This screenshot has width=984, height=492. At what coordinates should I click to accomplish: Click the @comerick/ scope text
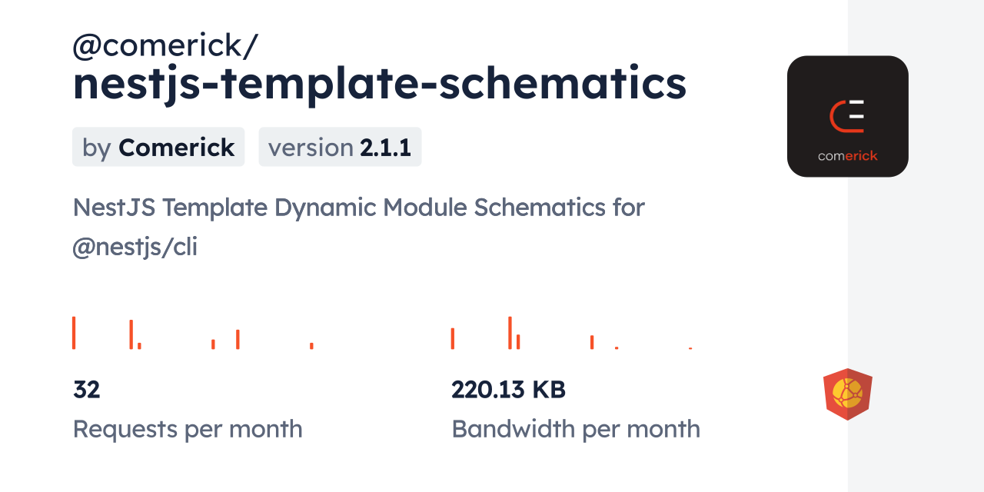pyautogui.click(x=165, y=45)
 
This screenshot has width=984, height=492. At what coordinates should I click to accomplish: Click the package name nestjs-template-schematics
pyautogui.click(x=380, y=84)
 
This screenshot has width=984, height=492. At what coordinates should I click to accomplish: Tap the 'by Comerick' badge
pyautogui.click(x=158, y=147)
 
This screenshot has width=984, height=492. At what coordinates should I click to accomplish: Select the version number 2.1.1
pyautogui.click(x=386, y=147)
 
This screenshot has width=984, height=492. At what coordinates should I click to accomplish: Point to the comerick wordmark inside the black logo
pyautogui.click(x=847, y=156)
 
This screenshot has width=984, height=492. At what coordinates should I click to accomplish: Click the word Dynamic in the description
pyautogui.click(x=325, y=208)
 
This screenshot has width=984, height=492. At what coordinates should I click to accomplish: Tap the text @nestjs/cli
pyautogui.click(x=135, y=247)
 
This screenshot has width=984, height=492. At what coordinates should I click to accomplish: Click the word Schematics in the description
pyautogui.click(x=540, y=207)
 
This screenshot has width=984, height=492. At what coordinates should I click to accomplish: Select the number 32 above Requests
pyautogui.click(x=87, y=390)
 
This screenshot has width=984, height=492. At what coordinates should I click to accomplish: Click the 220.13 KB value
pyautogui.click(x=508, y=390)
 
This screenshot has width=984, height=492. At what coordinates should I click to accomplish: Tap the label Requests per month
pyautogui.click(x=188, y=429)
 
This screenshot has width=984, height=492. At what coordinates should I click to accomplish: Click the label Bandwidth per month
pyautogui.click(x=576, y=429)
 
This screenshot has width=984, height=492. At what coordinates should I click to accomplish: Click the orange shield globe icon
pyautogui.click(x=848, y=394)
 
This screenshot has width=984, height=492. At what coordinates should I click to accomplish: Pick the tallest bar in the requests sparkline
pyautogui.click(x=74, y=333)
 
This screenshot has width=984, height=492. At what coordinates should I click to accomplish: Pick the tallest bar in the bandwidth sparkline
pyautogui.click(x=510, y=333)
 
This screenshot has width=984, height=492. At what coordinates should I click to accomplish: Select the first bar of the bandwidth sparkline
pyautogui.click(x=453, y=339)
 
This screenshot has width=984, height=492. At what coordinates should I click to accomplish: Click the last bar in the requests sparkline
pyautogui.click(x=311, y=346)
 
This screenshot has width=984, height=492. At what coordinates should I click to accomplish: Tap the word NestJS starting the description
pyautogui.click(x=115, y=208)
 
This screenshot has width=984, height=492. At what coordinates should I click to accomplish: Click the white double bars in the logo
pyautogui.click(x=856, y=110)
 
